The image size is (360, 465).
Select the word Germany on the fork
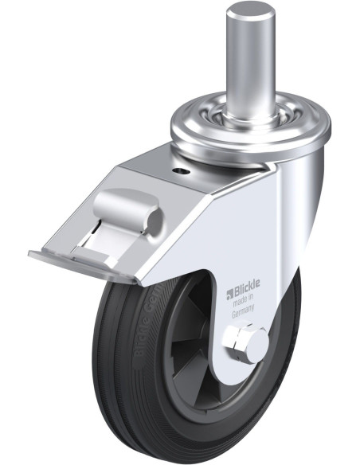pos(245,314)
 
